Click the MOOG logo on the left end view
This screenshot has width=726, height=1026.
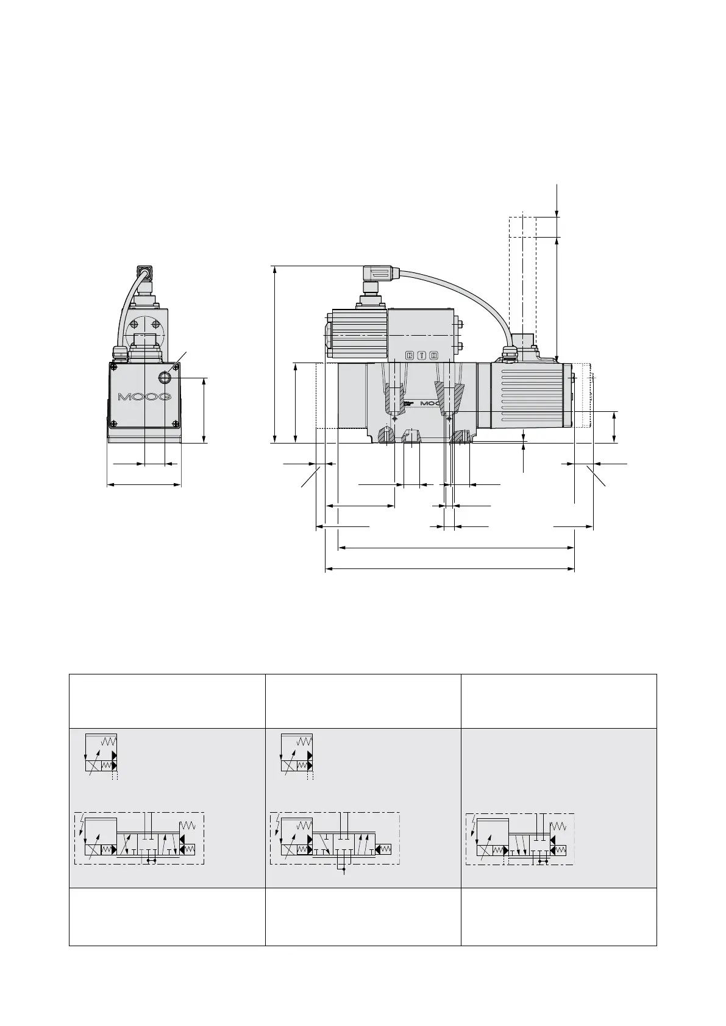coord(144,396)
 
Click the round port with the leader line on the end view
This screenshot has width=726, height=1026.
coord(165,377)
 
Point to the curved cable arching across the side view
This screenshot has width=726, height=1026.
coord(463,300)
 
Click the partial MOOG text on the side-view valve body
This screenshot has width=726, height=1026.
coord(430,403)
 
